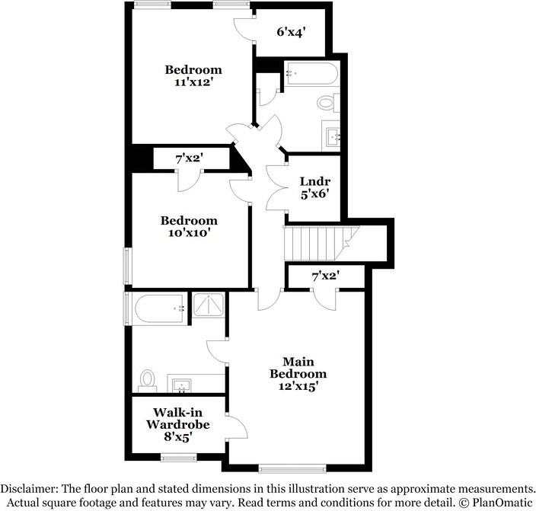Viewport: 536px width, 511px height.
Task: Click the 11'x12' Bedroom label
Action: (193, 76)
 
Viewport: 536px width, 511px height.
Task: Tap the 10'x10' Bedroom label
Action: (188, 227)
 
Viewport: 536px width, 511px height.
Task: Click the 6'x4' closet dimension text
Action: (290, 32)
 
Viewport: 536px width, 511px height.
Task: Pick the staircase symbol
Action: (320, 242)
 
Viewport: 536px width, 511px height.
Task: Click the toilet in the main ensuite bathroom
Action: (148, 378)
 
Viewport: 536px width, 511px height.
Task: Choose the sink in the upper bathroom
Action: (333, 136)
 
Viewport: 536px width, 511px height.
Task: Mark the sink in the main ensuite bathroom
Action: (182, 384)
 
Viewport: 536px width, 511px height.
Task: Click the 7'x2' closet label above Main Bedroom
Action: (325, 276)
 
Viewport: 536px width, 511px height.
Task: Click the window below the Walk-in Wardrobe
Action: (178, 457)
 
